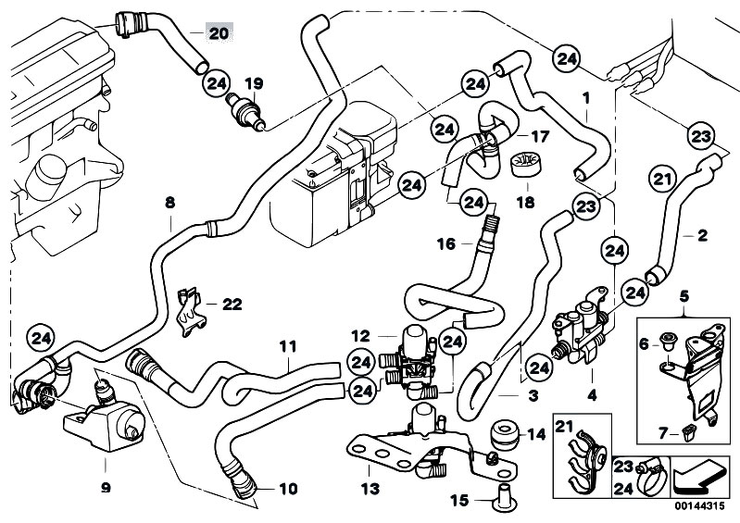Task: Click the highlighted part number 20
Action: point(219,33)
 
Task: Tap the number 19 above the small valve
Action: point(254,84)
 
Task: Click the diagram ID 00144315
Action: point(699,506)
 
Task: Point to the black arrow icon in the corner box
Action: point(699,477)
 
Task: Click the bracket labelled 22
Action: point(191,312)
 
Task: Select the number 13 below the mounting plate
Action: point(370,489)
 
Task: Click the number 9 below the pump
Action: point(106,488)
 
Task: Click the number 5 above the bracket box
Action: point(684,296)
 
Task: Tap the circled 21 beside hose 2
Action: point(663,180)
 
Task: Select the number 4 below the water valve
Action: point(591,394)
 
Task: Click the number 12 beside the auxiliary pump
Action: point(360,336)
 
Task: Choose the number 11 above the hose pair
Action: point(287,346)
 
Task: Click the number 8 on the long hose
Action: point(169,203)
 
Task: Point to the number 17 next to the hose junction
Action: point(540,137)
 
